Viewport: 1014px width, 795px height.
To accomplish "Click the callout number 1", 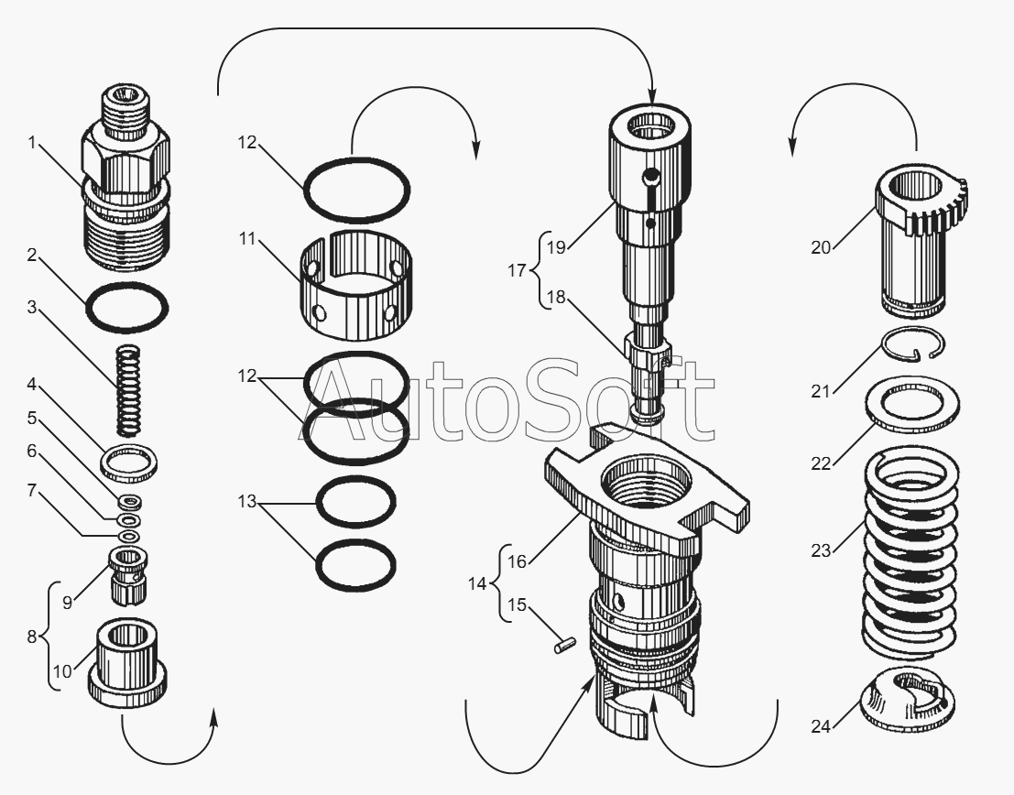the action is [32, 143].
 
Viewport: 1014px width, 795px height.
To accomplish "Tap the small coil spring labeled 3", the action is [128, 391].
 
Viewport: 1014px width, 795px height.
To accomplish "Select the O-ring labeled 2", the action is [126, 307].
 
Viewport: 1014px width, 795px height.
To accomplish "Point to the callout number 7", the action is [32, 491].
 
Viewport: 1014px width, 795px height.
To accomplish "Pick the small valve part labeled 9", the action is [129, 574].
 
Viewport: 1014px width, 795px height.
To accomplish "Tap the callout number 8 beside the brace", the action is [32, 637].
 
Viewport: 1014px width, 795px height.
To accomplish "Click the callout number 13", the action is [247, 501].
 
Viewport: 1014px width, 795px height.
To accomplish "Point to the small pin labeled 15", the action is [565, 646].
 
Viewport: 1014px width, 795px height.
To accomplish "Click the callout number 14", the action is [477, 583].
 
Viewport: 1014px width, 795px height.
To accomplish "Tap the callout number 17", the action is [517, 270].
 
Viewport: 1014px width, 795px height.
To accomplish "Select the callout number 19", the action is [556, 247].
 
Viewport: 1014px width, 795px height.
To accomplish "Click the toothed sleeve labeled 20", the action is [921, 239].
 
